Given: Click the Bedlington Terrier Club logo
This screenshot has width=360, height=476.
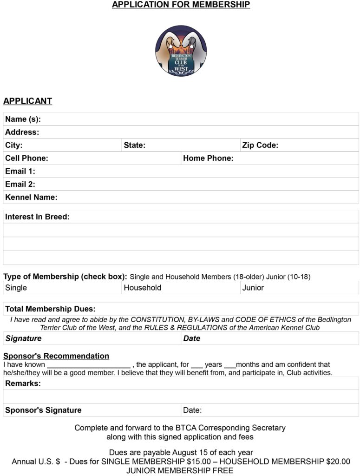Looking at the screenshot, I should (181, 51).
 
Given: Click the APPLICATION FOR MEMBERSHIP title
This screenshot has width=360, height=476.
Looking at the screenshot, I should (181, 5).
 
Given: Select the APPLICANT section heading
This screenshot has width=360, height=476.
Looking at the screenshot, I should (27, 101).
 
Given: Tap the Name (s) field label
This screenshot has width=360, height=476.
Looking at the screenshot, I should (23, 119).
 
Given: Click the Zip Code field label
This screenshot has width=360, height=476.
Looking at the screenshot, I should (260, 145).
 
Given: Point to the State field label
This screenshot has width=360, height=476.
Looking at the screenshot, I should (134, 145).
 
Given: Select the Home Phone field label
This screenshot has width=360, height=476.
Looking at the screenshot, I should (208, 159).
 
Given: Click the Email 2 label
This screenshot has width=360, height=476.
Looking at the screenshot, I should (20, 185).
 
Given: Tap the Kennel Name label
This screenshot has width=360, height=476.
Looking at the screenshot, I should (31, 198).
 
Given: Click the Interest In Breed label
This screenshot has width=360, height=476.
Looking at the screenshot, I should (37, 217).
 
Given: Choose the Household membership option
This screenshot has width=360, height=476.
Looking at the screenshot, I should (142, 288).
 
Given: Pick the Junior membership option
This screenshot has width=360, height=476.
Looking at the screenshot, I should (253, 288).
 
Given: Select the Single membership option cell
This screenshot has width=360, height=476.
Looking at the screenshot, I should (16, 288).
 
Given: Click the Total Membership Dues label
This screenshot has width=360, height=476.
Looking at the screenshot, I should (50, 309).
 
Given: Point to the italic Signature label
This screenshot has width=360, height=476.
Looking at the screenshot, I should (23, 338).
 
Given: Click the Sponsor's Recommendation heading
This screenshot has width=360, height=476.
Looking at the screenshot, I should (56, 356).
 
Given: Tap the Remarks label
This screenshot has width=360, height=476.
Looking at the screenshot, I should (23, 384).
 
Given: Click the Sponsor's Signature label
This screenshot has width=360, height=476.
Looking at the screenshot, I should (43, 410).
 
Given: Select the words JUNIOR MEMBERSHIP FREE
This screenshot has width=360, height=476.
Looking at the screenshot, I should (180, 470).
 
